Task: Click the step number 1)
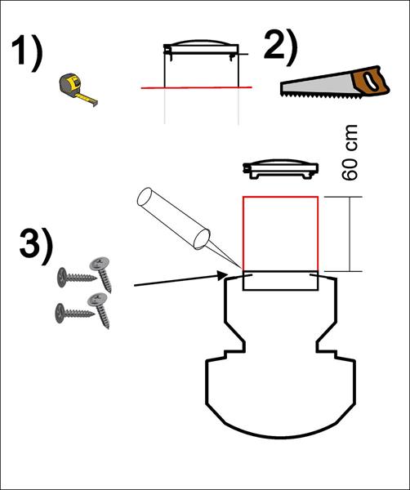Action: (x=27, y=53)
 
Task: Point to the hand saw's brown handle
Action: (x=371, y=81)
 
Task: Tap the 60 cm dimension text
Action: (x=350, y=153)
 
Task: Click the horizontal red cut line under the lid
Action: (x=196, y=87)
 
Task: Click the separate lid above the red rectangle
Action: (x=281, y=169)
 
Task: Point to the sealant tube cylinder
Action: (x=173, y=218)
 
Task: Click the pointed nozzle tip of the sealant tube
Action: (x=242, y=268)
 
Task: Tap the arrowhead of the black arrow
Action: (x=222, y=276)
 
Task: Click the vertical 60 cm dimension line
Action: (x=350, y=234)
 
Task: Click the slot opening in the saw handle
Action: (x=371, y=81)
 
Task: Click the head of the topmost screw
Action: (x=99, y=264)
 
